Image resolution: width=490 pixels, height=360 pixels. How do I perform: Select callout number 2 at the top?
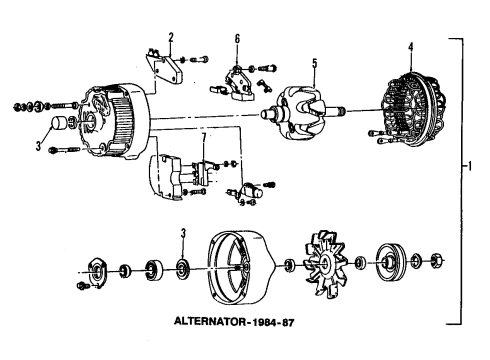pyautogui.click(x=171, y=37)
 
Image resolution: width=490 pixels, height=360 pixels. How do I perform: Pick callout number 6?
pyautogui.click(x=237, y=38)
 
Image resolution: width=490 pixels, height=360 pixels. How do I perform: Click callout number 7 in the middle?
pyautogui.click(x=204, y=137)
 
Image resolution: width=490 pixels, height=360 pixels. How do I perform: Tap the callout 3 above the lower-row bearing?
pyautogui.click(x=181, y=233)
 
